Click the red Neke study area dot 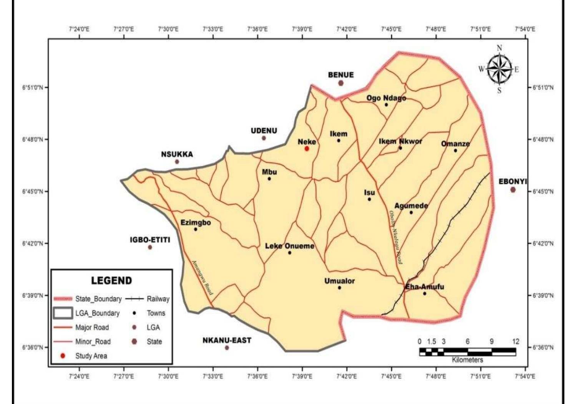[x=307, y=149]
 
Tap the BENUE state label [x=341, y=75]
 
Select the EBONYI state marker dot [x=513, y=190]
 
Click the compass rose [x=499, y=70]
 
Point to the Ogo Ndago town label [x=386, y=98]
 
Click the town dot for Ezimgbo [x=196, y=229]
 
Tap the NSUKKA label [x=177, y=154]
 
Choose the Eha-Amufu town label [x=425, y=286]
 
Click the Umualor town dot [x=339, y=288]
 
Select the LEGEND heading [x=111, y=280]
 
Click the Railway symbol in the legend [x=134, y=299]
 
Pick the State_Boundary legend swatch [x=63, y=299]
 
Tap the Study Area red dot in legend [x=63, y=356]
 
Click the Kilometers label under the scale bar [x=467, y=360]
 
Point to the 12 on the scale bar [x=515, y=341]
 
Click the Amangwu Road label [x=202, y=277]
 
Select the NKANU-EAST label [x=227, y=340]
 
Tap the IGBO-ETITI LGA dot [x=150, y=247]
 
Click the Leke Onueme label [x=290, y=246]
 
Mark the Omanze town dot [x=455, y=151]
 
